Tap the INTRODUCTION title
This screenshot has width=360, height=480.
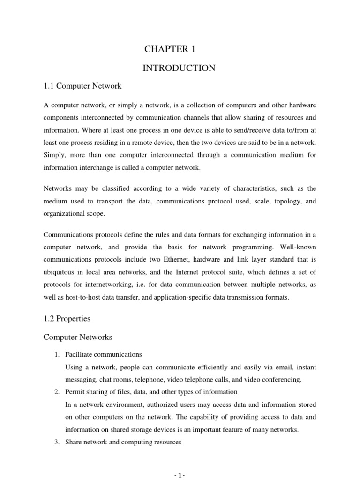pos(179,68)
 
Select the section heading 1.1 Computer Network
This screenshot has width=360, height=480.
pos(82,86)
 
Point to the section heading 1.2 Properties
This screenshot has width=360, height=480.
pos(67,319)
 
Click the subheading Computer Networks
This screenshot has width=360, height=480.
pos(79,337)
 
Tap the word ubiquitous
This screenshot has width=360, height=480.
pos(60,272)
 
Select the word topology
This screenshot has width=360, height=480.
pos(286,202)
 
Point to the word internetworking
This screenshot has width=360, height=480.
pos(104,284)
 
